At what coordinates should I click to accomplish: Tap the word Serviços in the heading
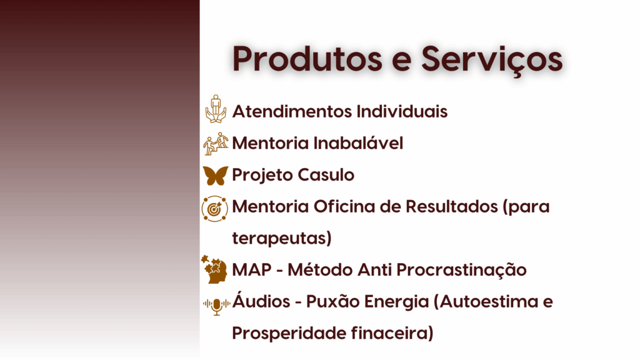[491, 61]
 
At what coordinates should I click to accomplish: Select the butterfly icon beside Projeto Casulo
[216, 175]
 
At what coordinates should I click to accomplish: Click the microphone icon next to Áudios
[216, 305]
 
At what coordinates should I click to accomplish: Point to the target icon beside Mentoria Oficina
[215, 209]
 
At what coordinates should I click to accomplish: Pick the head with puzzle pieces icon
[215, 269]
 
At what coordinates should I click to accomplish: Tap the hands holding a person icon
[216, 109]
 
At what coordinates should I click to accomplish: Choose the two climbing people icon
[216, 144]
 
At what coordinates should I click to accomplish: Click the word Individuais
[402, 111]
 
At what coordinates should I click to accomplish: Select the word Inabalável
[358, 143]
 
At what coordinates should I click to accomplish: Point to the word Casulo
[326, 175]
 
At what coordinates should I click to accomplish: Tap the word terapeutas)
[282, 238]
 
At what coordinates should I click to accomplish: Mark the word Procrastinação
[461, 270]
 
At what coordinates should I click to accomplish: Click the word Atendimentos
[292, 111]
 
